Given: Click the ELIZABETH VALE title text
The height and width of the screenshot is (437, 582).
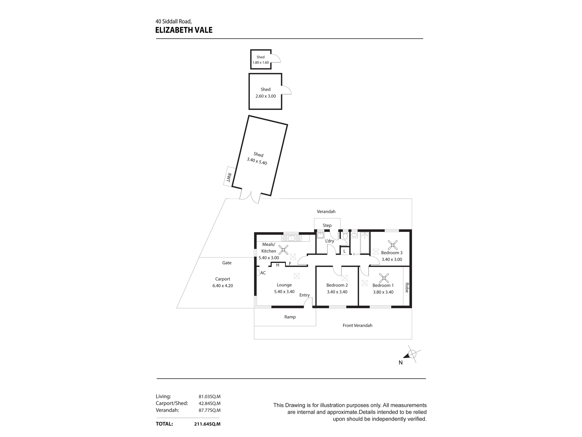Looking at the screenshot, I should (x=184, y=30).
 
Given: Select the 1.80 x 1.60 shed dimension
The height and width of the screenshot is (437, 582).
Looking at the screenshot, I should (x=260, y=62).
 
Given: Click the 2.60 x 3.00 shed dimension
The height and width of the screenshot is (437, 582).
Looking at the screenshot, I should (x=265, y=96).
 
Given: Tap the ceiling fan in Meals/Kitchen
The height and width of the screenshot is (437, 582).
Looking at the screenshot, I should (x=283, y=250).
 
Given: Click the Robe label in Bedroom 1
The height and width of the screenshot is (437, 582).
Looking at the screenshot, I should (x=407, y=288).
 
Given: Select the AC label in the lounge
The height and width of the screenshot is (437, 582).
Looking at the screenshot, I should (x=263, y=273).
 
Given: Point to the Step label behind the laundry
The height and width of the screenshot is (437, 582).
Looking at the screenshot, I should (x=327, y=225).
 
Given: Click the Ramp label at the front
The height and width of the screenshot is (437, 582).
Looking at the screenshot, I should (x=290, y=317).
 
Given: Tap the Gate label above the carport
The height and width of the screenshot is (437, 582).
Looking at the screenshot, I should (x=227, y=263).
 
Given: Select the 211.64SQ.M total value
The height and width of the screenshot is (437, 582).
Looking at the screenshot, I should (x=207, y=424).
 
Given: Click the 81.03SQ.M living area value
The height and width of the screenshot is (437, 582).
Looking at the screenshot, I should (x=210, y=397).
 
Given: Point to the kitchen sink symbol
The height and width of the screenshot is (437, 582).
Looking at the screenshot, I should (x=291, y=238).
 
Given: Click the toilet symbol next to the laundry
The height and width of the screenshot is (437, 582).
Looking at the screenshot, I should (x=345, y=236).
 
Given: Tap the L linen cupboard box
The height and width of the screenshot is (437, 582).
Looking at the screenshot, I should (x=345, y=251).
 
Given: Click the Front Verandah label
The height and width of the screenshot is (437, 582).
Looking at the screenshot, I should (x=357, y=325).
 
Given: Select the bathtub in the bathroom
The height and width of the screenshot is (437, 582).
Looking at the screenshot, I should (x=365, y=243).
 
